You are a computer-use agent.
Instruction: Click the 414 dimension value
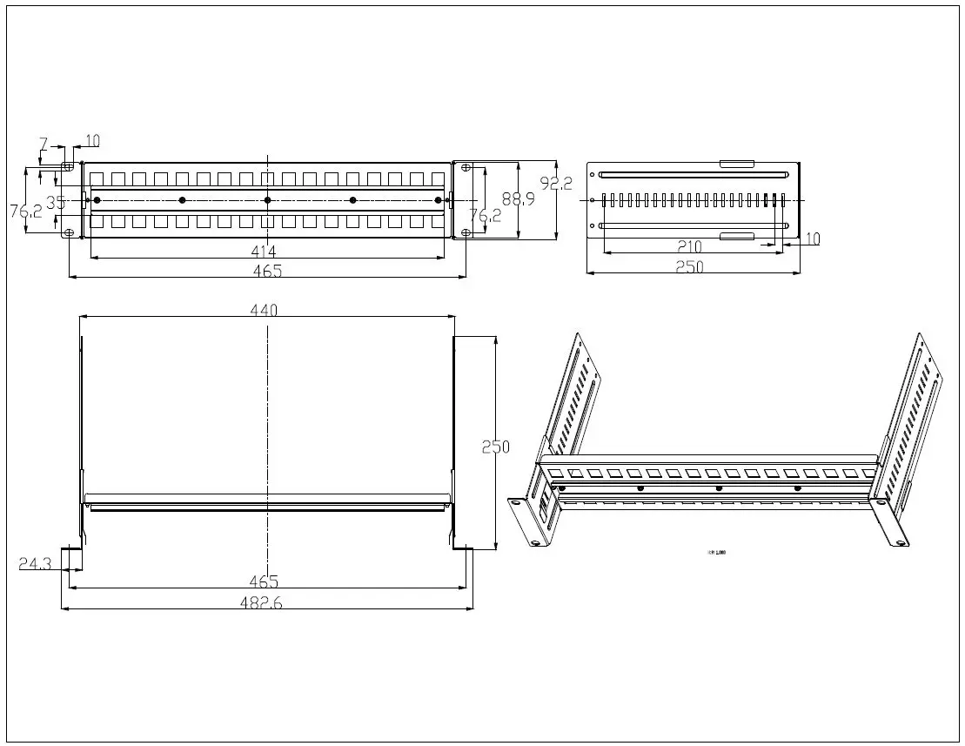266,251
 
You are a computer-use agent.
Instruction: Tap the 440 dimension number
265,311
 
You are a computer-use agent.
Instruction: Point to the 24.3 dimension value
35,563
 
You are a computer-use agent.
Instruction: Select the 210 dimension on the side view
690,247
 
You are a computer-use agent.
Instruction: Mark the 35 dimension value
56,202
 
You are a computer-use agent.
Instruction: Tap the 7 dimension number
44,143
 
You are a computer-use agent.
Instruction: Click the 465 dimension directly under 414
266,271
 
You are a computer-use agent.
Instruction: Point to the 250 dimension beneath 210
690,267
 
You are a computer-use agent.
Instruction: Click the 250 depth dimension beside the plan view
495,446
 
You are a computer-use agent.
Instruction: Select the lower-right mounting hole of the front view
466,232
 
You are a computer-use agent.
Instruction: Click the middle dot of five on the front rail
267,201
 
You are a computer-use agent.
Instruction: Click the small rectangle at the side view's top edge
737,163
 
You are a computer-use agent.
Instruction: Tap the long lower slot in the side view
694,226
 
